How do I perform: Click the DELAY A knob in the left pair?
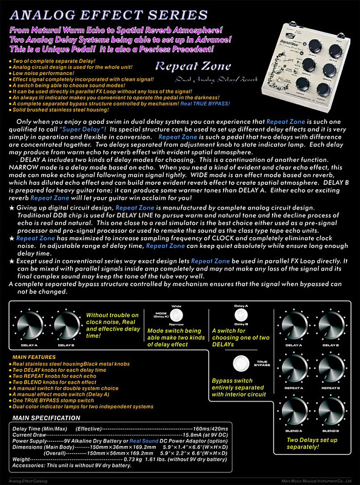[x=28, y=326]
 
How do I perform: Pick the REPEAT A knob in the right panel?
[x=293, y=367]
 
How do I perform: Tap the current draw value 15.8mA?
[x=213, y=434]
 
